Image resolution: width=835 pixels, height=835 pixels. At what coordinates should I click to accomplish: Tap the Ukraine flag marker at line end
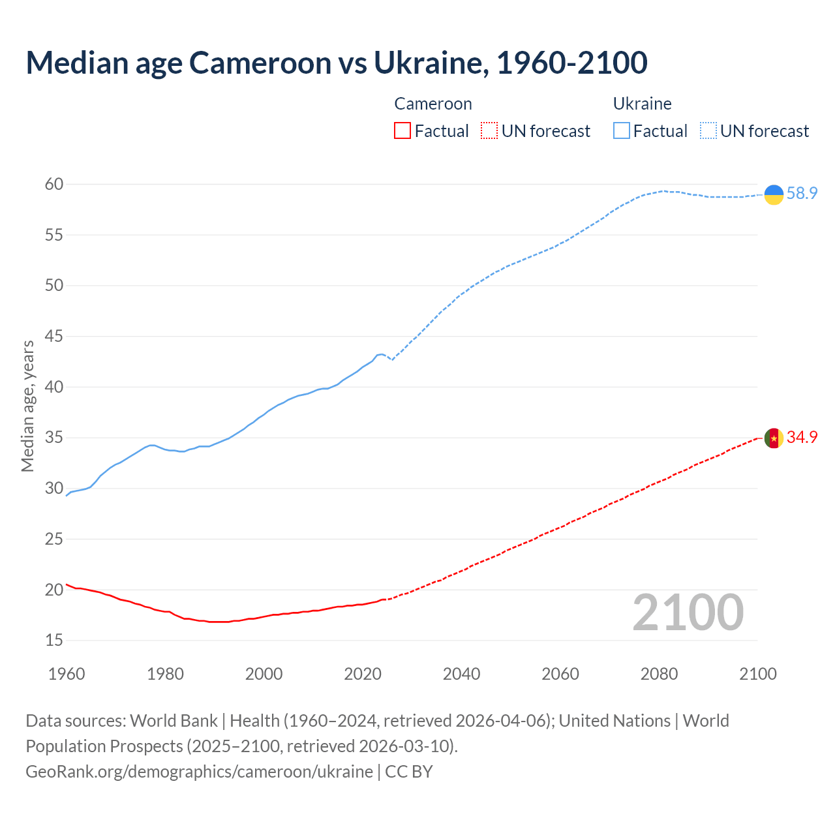774,194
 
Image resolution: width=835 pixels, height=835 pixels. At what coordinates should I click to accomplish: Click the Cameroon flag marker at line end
774,438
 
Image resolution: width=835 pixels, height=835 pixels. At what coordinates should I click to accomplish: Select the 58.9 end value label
802,193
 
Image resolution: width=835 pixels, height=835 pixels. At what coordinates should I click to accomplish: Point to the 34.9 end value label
802,437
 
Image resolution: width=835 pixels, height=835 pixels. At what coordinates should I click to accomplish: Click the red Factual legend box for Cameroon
402,131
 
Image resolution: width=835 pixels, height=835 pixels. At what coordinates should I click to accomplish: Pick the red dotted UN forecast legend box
489,131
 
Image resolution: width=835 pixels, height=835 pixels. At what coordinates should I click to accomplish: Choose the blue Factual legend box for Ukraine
622,131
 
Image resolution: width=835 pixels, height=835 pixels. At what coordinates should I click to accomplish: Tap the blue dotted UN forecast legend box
708,131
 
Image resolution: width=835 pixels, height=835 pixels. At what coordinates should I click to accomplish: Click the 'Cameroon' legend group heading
433,104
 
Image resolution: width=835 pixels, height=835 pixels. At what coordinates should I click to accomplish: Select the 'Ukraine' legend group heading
642,104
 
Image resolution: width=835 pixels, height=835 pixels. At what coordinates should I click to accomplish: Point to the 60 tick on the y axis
54,185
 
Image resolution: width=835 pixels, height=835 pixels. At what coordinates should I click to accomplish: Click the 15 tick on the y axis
54,641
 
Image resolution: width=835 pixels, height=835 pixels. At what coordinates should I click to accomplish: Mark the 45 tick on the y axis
54,337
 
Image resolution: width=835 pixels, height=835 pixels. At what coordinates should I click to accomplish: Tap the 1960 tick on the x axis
67,674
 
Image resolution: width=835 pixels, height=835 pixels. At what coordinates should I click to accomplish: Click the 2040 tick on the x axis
461,674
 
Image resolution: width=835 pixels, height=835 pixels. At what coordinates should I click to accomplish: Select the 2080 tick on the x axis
659,674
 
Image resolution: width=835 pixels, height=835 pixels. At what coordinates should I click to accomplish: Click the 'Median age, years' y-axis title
27,406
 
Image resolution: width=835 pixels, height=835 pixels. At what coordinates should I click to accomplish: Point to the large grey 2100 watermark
688,612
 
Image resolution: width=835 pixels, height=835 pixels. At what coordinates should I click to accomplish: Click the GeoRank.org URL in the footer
199,772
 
